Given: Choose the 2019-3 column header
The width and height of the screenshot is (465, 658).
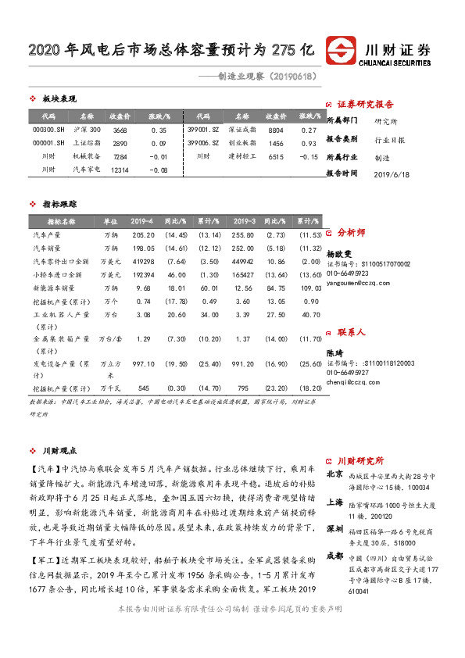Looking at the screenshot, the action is pos(244,221).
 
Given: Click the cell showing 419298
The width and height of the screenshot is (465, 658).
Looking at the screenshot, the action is pos(143,261).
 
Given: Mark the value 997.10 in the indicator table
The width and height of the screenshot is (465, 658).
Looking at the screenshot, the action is pos(144,364).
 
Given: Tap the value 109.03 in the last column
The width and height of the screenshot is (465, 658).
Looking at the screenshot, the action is pos(311,288).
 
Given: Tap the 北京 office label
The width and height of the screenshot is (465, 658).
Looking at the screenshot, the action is pos(334,473).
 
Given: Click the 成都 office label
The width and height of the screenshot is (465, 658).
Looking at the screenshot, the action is pos(334,556).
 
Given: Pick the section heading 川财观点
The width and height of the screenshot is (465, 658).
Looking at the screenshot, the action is pos(59,451).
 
